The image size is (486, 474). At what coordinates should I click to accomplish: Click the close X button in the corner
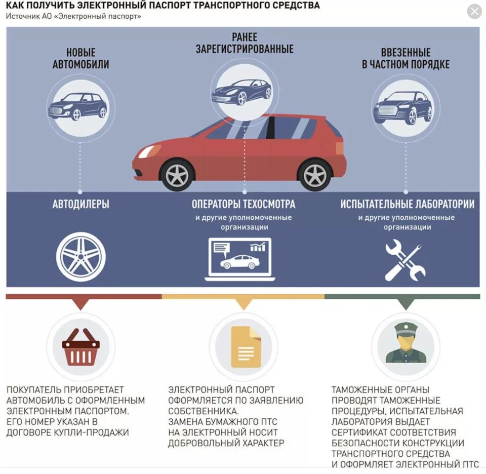tap(474, 11)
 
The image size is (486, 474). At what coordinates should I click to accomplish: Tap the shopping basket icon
tap(81, 347)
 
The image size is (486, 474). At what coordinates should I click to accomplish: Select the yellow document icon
tap(246, 347)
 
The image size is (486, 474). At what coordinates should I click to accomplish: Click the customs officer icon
tap(406, 344)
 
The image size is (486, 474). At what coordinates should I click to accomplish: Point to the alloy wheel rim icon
tap(81, 257)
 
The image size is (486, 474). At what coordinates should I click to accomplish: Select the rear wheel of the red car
tap(314, 175)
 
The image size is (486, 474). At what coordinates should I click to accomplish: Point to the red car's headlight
tap(148, 151)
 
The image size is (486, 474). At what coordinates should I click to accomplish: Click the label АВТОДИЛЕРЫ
tap(81, 205)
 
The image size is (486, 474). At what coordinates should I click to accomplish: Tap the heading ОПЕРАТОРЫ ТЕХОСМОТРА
tap(244, 205)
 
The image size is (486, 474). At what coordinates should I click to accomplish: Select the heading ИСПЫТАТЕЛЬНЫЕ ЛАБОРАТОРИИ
tap(407, 205)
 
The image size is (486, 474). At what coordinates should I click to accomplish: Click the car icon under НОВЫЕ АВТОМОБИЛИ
tap(78, 106)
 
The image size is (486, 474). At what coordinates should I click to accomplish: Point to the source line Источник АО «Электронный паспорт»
tap(74, 16)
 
